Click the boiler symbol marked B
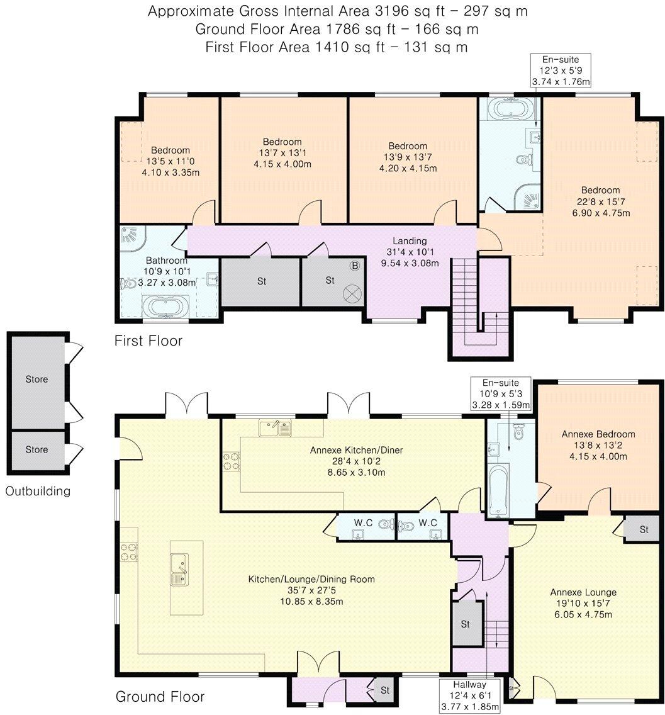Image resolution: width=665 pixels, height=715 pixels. pyautogui.click(x=354, y=266)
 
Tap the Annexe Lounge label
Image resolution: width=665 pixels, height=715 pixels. pyautogui.click(x=583, y=592)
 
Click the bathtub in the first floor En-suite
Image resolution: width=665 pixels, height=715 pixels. pyautogui.click(x=510, y=108)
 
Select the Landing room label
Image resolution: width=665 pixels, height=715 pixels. pyautogui.click(x=410, y=240)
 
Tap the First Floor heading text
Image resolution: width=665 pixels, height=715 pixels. pyautogui.click(x=148, y=341)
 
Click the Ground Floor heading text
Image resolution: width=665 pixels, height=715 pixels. pyautogui.click(x=160, y=697)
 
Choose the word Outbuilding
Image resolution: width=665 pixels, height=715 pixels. pyautogui.click(x=38, y=491)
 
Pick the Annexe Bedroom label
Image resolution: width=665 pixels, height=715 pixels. pyautogui.click(x=598, y=434)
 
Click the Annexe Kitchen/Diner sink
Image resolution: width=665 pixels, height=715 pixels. pyautogui.click(x=275, y=428)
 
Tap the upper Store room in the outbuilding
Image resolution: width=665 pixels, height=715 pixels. pyautogui.click(x=36, y=380)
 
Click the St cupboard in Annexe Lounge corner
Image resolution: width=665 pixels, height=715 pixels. pyautogui.click(x=643, y=529)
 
